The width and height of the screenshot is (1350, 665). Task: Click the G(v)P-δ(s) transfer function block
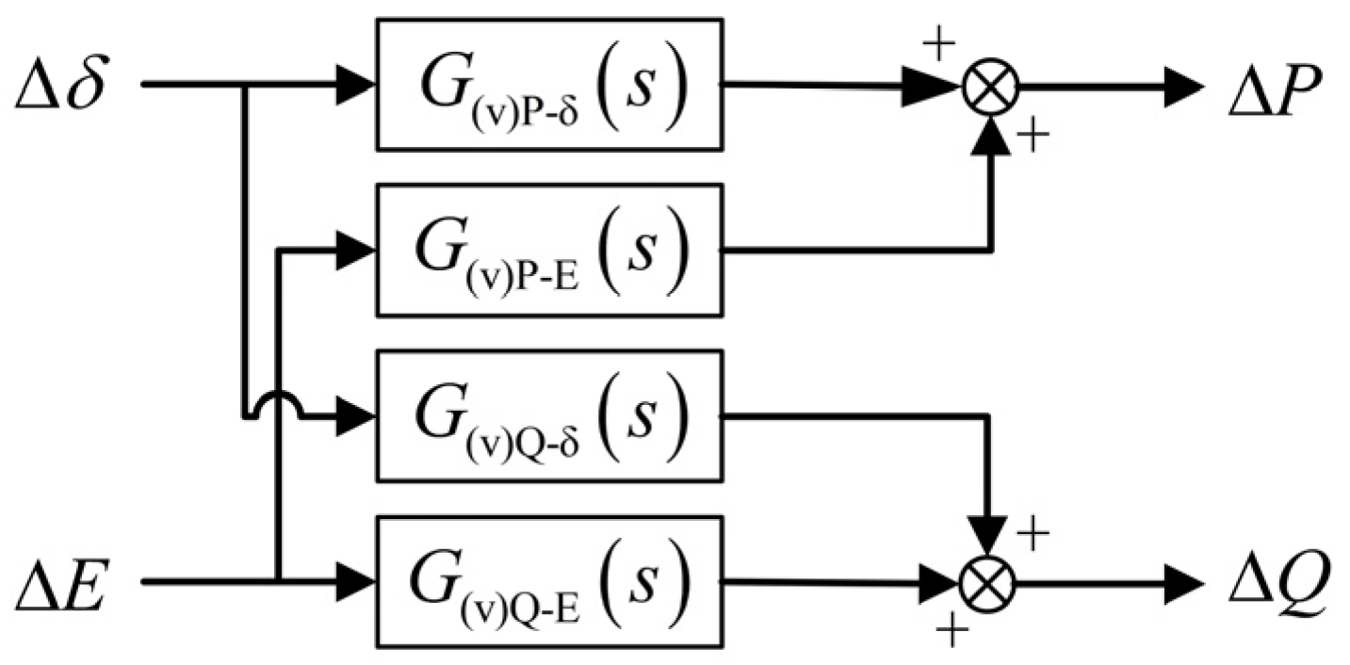pyautogui.click(x=548, y=85)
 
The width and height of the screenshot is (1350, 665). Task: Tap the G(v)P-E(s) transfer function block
pyautogui.click(x=548, y=251)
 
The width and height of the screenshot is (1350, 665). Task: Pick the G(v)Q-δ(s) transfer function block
pyautogui.click(x=548, y=415)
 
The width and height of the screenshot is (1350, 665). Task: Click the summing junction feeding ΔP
pyautogui.click(x=989, y=87)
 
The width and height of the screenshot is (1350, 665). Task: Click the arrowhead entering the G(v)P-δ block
pyautogui.click(x=357, y=85)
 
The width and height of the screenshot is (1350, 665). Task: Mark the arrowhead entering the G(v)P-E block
pyautogui.click(x=357, y=251)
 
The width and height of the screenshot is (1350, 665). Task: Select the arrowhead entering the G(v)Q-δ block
pyautogui.click(x=357, y=415)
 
